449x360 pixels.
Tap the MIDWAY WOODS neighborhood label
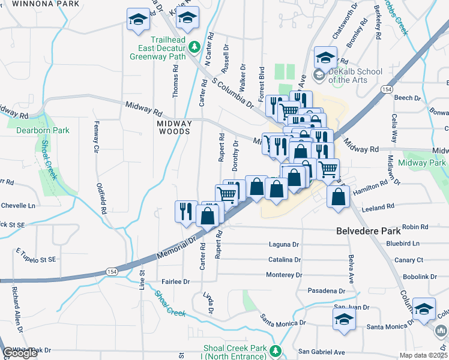point(173,127)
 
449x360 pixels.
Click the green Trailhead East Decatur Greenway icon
point(194,46)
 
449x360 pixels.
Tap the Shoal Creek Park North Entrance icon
point(276,350)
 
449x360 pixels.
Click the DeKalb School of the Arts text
point(355,76)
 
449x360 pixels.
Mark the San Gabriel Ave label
point(322,352)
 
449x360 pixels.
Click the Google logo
point(20,353)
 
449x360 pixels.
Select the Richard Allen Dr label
point(16,310)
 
